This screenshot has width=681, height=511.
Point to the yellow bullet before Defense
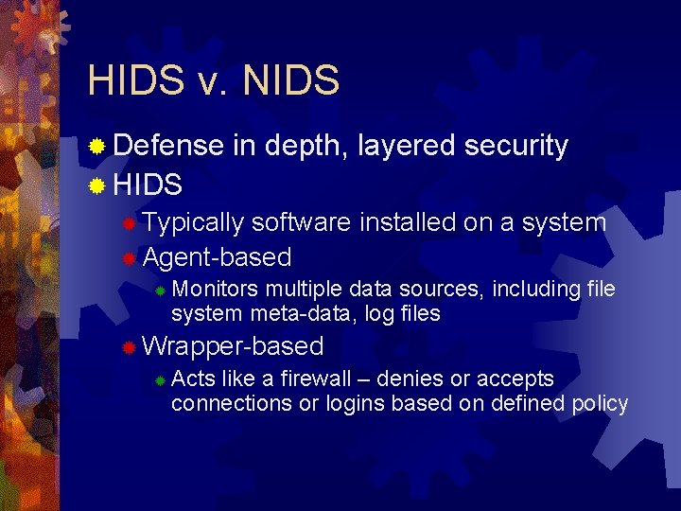tap(96, 147)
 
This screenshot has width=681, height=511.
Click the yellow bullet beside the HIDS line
tap(96, 185)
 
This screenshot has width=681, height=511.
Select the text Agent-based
tap(217, 257)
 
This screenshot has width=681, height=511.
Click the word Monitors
tap(217, 289)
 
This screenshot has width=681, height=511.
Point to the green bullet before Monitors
tap(161, 290)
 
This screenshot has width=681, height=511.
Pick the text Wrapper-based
tap(233, 346)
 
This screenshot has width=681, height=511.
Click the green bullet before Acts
tap(161, 380)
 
